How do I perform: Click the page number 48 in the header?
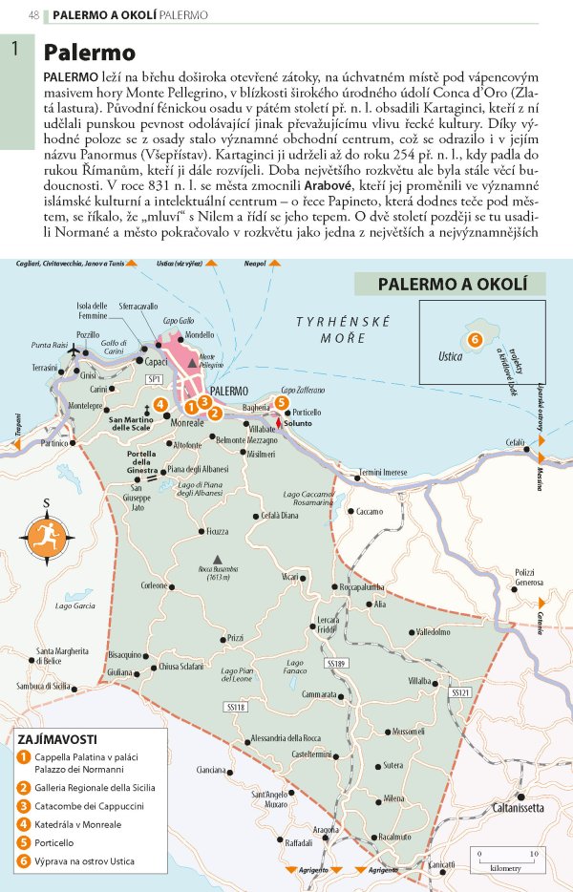point(34,15)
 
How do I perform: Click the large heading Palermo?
point(90,52)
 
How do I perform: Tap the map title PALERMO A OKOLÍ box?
point(449,284)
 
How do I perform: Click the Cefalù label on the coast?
point(516,443)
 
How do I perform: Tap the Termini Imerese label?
point(382,473)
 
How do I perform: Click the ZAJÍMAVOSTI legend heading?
point(57,738)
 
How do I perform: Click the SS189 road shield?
point(336,663)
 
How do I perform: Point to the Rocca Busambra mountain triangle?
point(219,559)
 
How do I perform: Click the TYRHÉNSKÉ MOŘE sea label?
point(330,330)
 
